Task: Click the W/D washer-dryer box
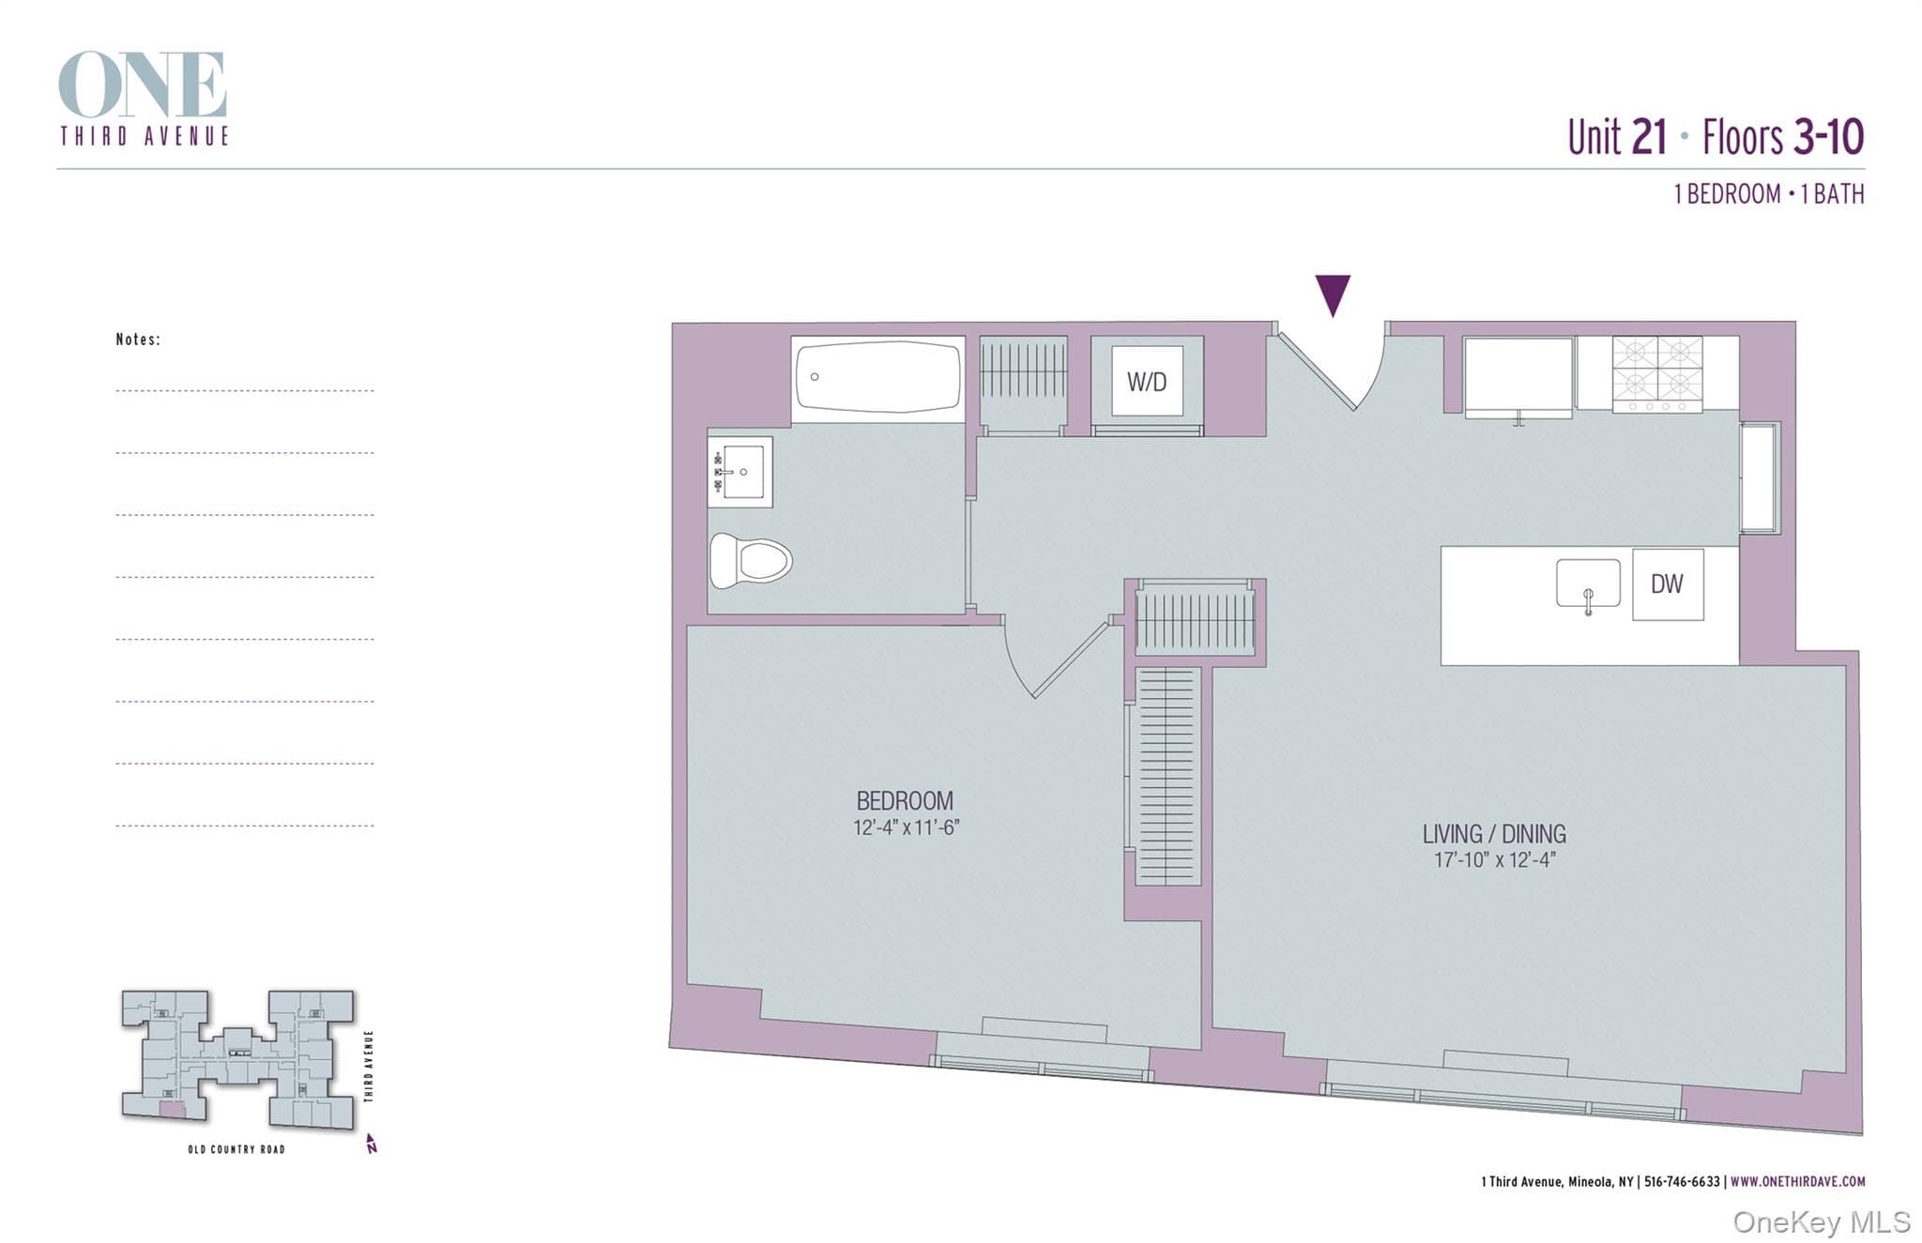[x=1147, y=381]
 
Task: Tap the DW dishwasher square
[x=1668, y=584]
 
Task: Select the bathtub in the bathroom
[x=878, y=377]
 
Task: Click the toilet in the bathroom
[x=750, y=561]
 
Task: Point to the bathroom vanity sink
[x=740, y=472]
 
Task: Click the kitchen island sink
[x=1588, y=584]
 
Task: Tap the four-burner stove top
[x=1657, y=374]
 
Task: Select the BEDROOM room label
[x=905, y=801]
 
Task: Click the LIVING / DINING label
[x=1494, y=834]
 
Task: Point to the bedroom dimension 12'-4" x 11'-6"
[x=906, y=827]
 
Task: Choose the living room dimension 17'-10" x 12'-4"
[x=1494, y=859]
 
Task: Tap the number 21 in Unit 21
[x=1649, y=137]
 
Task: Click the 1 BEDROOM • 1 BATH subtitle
[x=1769, y=194]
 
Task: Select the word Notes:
[x=138, y=340]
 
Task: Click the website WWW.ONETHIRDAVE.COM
[x=1798, y=1182]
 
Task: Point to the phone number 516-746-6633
[x=1683, y=1182]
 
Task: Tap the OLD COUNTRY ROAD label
[x=236, y=1149]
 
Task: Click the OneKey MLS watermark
[x=1822, y=1222]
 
